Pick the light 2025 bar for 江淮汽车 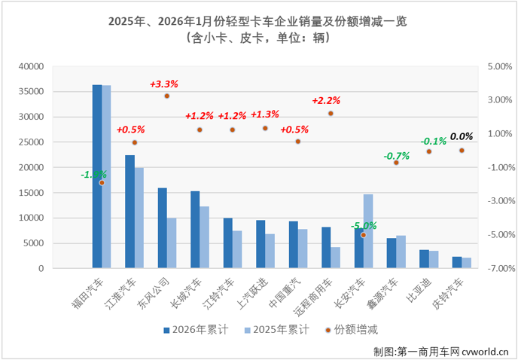tap(139, 218)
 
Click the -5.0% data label tap(364, 224)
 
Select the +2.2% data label tap(327, 100)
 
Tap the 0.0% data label tap(461, 136)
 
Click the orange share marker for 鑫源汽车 tap(396, 162)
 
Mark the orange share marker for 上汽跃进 tap(265, 128)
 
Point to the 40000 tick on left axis tap(31, 66)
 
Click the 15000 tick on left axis tap(31, 193)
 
